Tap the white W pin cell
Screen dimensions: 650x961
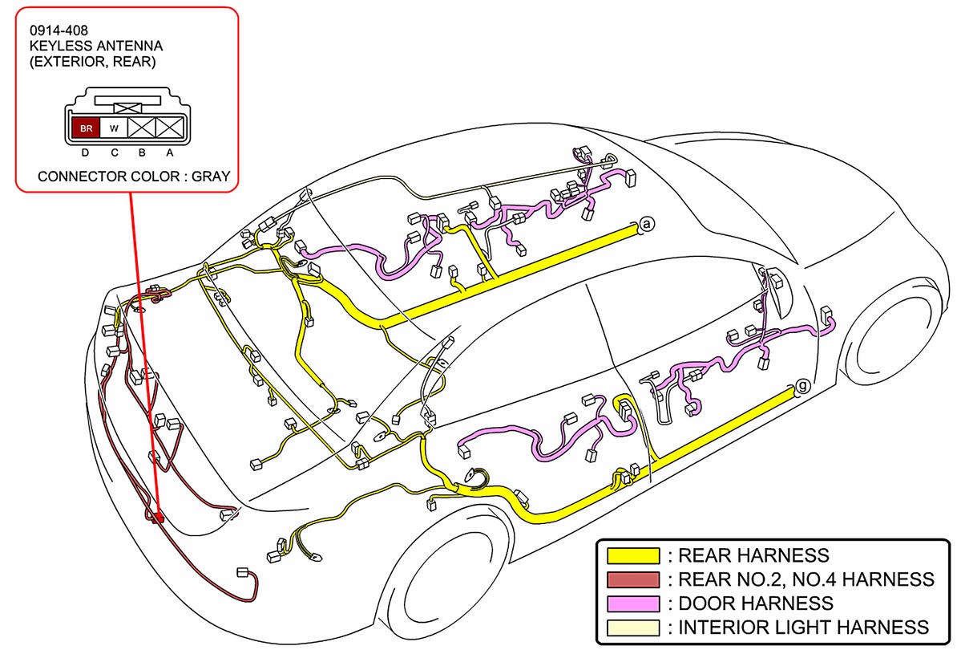coord(114,128)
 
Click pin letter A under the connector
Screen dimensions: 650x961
coord(170,152)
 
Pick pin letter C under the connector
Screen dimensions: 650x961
coord(114,152)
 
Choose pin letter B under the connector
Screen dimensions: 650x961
coord(142,152)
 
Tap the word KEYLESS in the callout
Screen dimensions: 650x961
coord(59,46)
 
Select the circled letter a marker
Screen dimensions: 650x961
coord(647,225)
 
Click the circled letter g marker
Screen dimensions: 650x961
coord(802,386)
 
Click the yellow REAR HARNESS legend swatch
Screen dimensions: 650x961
coord(632,555)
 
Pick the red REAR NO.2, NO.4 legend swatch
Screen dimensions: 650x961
coord(632,579)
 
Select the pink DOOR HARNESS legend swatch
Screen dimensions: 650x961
coord(632,603)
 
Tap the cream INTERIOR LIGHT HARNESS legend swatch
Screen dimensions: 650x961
coord(632,628)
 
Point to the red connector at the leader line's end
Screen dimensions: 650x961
coord(158,518)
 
